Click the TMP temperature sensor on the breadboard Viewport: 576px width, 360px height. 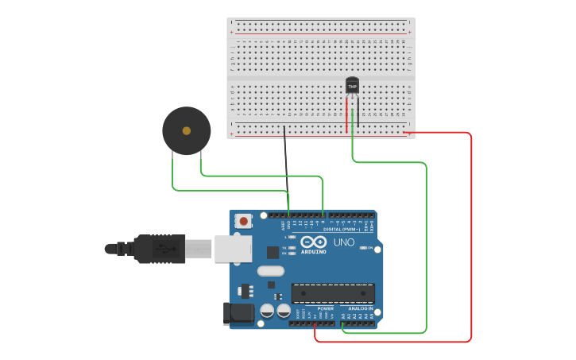(353, 85)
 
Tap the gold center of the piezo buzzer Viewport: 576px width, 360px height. (187, 130)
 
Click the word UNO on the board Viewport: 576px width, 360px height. (344, 242)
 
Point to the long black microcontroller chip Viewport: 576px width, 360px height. (333, 293)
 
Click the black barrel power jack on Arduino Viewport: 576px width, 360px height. (238, 314)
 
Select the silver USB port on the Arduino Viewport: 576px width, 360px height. (233, 249)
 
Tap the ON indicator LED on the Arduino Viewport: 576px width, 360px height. (362, 248)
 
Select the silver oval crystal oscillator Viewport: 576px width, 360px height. (271, 271)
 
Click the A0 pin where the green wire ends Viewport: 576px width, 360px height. (342, 323)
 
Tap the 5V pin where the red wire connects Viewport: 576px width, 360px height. (315, 323)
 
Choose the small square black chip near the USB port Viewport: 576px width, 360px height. (273, 252)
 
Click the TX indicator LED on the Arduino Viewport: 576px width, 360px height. (292, 247)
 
